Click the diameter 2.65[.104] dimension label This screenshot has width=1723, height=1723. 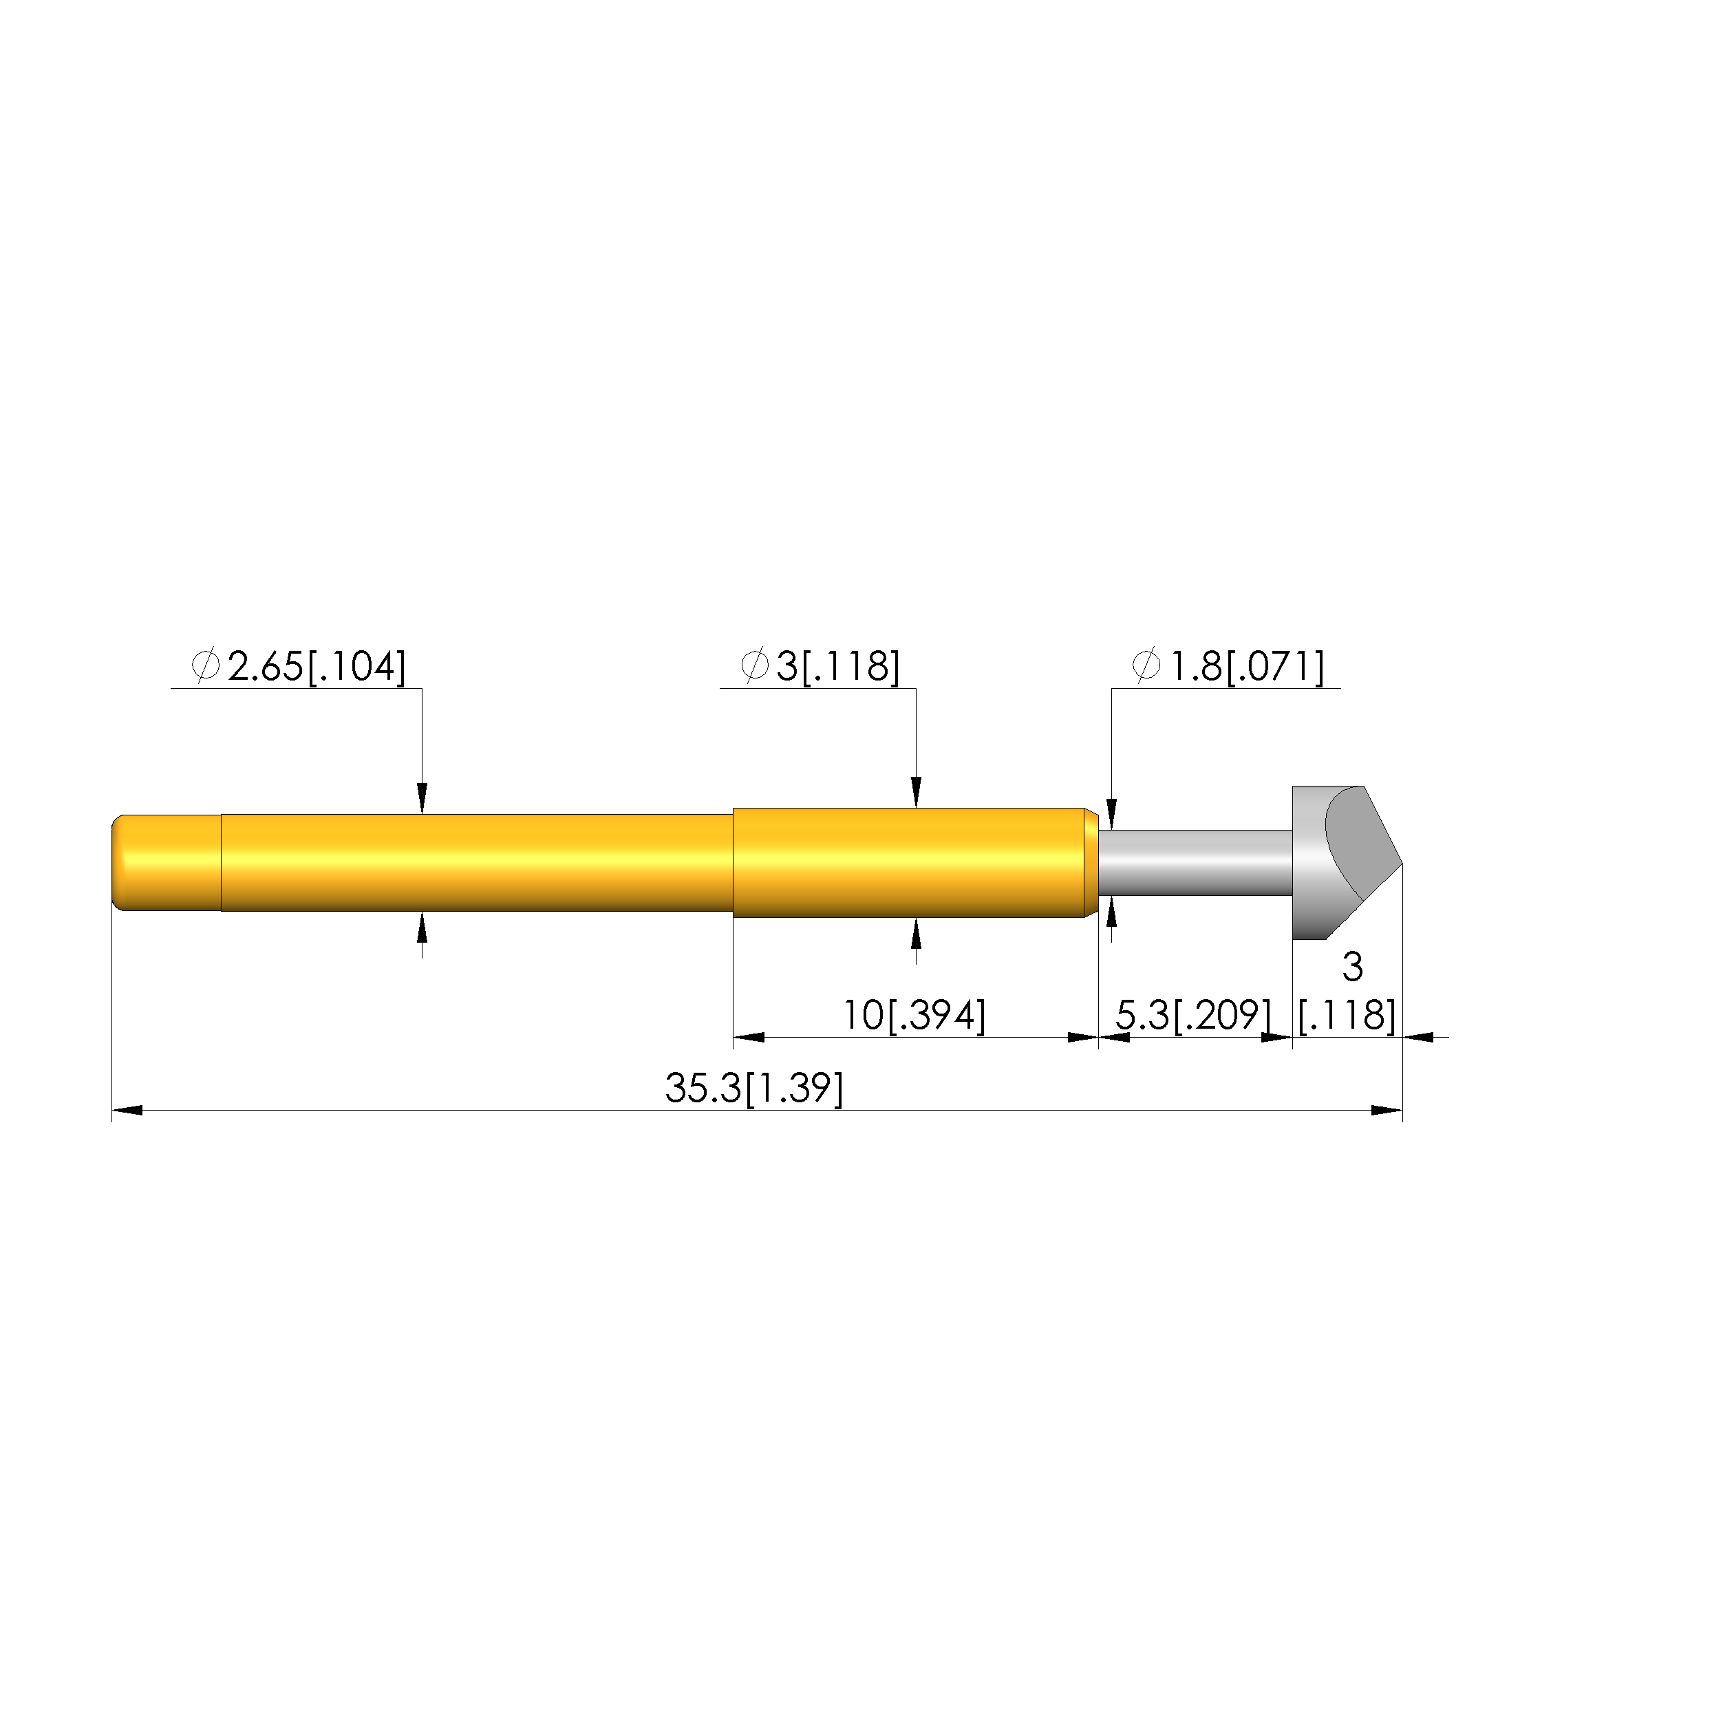click(x=299, y=666)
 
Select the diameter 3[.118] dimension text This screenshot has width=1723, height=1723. click(x=820, y=666)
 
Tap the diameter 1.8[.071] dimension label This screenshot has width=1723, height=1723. click(x=1228, y=666)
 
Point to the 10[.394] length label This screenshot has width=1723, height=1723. click(x=914, y=1015)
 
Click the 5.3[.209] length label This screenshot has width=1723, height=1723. click(x=1193, y=1015)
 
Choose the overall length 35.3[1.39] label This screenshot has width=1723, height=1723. click(x=753, y=1088)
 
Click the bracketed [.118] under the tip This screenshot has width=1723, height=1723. click(x=1347, y=1015)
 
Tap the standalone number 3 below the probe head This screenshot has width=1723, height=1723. click(x=1352, y=967)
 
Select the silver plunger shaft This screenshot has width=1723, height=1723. click(x=1195, y=862)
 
